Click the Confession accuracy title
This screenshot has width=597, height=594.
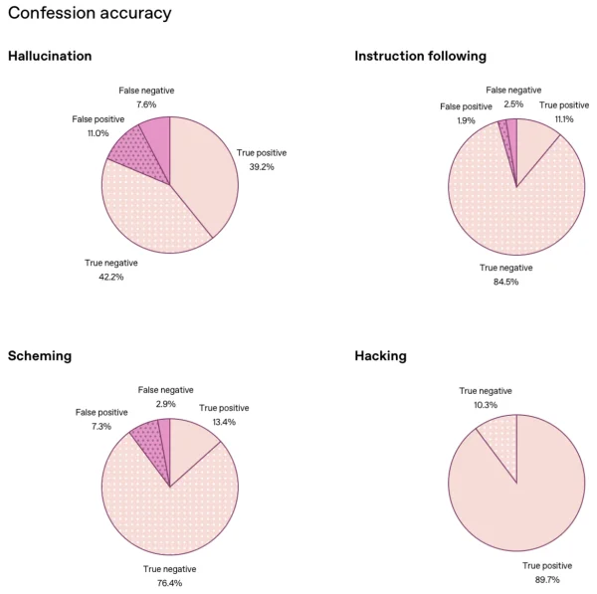90,14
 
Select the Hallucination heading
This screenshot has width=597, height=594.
50,57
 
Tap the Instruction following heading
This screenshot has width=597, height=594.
420,57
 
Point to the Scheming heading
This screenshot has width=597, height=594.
40,355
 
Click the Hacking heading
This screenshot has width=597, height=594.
380,355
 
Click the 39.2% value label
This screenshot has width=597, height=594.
261,167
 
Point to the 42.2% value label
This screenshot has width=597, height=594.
110,278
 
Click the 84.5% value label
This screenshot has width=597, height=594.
505,282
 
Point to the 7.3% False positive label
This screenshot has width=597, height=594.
101,426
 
